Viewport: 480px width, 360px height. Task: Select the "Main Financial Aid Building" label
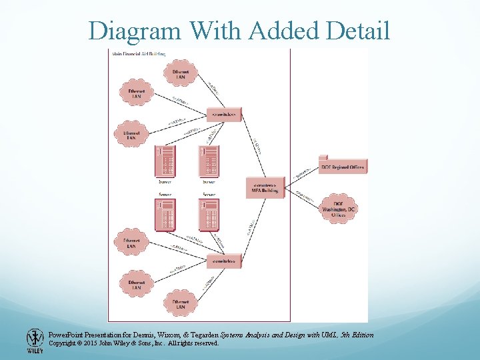click(x=139, y=53)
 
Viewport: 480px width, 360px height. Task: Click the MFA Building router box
click(x=265, y=187)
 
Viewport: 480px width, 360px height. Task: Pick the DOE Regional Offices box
click(x=342, y=167)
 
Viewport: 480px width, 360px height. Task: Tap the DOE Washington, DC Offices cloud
click(x=339, y=208)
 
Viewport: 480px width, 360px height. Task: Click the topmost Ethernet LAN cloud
click(x=180, y=73)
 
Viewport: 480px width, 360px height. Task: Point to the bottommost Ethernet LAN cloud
click(x=180, y=303)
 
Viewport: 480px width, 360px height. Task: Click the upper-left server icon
click(x=164, y=161)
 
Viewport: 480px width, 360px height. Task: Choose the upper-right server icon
click(x=209, y=161)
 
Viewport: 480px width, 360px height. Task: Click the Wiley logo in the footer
click(x=35, y=341)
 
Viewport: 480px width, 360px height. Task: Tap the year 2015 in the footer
click(x=96, y=343)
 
